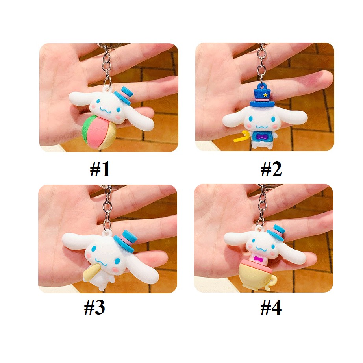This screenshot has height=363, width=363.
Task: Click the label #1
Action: pyautogui.click(x=100, y=169)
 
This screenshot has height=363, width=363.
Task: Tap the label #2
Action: pyautogui.click(x=271, y=169)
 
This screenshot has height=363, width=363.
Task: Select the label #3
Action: pyautogui.click(x=94, y=307)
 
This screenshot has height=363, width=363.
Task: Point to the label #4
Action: pyautogui.click(x=271, y=307)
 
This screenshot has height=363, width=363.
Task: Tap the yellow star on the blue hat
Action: pyautogui.click(x=265, y=95)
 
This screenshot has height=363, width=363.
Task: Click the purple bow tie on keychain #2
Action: pyautogui.click(x=262, y=137)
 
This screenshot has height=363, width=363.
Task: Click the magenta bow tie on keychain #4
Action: pyautogui.click(x=258, y=259)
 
